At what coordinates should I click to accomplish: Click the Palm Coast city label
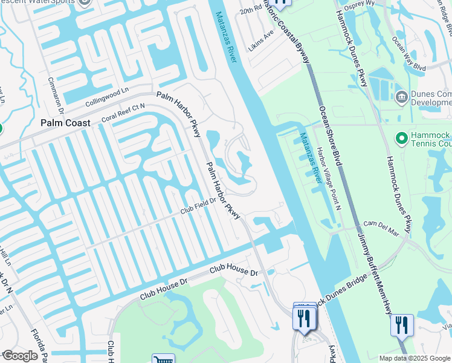point(65,123)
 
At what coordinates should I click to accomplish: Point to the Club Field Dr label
point(200,209)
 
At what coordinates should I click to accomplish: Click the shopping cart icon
point(163,359)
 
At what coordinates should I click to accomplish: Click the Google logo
point(20,356)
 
